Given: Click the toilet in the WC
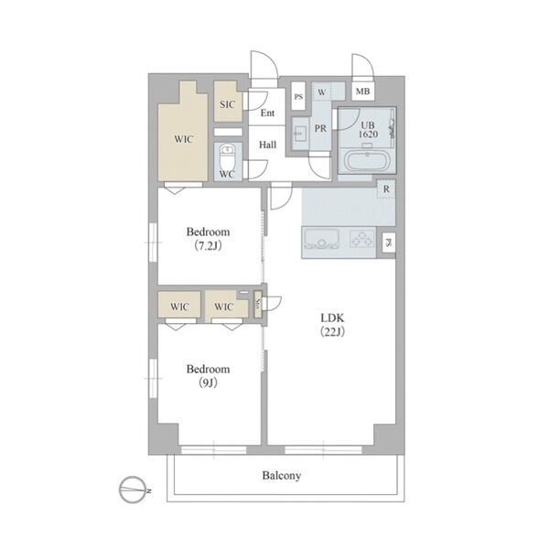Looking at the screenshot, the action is tap(228, 157).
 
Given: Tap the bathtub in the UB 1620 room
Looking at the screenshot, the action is tap(367, 161).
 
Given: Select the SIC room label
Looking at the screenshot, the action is tap(227, 104).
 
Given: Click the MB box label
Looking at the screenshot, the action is tap(362, 91).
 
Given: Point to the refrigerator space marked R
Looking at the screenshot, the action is tap(386, 189).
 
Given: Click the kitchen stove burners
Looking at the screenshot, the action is tap(362, 240).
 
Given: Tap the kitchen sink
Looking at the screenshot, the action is tap(321, 240).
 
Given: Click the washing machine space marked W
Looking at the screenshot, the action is tap(322, 92).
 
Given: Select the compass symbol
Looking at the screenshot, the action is tap(133, 490).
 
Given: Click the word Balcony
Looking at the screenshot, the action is tap(282, 476).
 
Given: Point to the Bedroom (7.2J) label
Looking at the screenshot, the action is tap(208, 239).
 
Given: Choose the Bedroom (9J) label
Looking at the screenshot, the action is tap(208, 376).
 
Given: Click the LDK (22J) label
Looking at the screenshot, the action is tap(333, 325).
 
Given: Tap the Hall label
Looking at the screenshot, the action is tap(267, 145).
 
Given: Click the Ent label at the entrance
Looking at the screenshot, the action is tap(267, 113).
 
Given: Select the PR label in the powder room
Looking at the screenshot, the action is tap(320, 128).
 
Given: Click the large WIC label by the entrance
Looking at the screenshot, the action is tap(184, 139).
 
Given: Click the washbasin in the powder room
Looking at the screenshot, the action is tap(300, 133).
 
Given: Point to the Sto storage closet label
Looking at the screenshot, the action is tap(258, 304).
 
